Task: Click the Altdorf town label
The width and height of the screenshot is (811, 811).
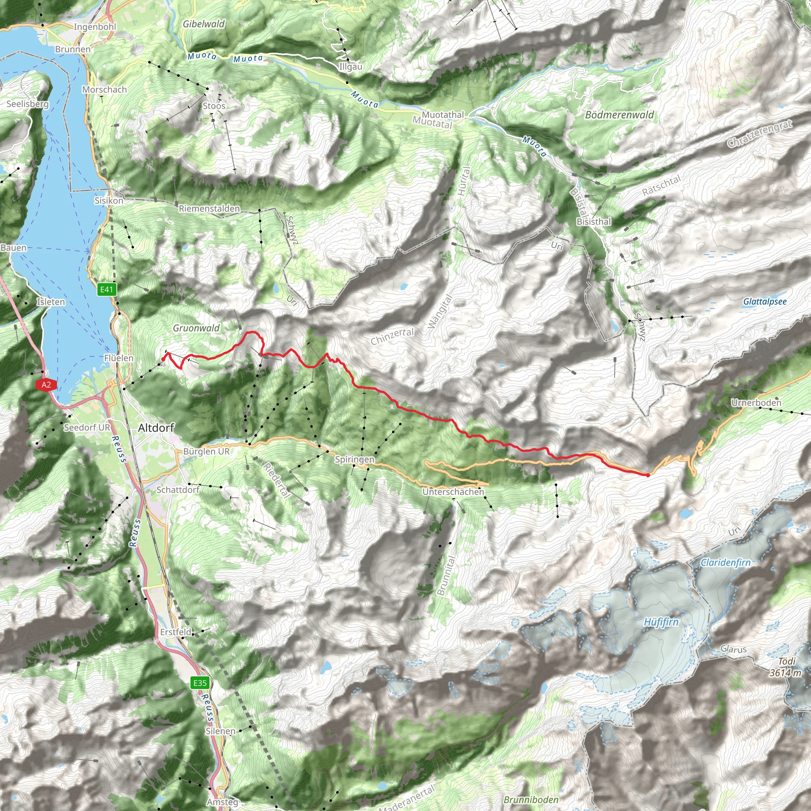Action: click(x=156, y=428)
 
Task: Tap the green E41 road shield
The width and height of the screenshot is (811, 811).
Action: click(x=106, y=289)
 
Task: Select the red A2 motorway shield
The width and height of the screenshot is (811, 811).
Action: click(x=46, y=385)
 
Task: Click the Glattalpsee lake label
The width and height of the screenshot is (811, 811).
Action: click(x=765, y=301)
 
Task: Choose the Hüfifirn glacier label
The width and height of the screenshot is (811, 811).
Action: click(x=661, y=622)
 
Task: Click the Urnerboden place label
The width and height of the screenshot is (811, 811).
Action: click(x=756, y=403)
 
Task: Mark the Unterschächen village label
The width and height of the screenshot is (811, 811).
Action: click(x=453, y=491)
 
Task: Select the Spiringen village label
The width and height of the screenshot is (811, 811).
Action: click(x=354, y=459)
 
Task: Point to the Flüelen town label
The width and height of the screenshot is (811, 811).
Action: click(x=119, y=358)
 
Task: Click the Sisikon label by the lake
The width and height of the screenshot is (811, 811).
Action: click(x=109, y=201)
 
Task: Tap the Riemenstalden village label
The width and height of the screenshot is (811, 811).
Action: click(x=209, y=209)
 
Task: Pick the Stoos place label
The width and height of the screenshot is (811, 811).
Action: click(x=214, y=106)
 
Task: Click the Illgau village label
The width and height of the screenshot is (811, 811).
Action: click(x=351, y=67)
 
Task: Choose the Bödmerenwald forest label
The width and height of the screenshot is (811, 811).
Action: click(x=620, y=115)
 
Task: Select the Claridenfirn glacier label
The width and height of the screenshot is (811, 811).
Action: click(x=725, y=562)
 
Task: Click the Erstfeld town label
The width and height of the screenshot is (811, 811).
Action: click(x=176, y=632)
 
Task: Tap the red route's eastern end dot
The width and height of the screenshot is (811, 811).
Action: click(x=648, y=475)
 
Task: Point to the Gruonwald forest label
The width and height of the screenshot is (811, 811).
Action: click(x=196, y=328)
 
